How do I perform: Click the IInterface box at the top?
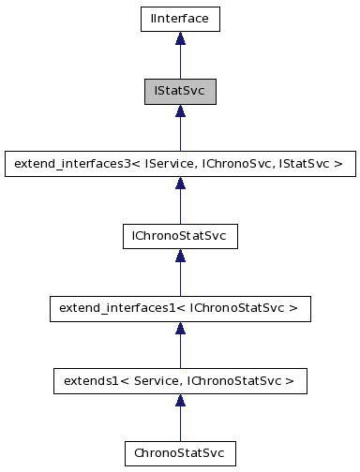(x=180, y=18)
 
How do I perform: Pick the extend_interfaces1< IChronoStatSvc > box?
(x=180, y=307)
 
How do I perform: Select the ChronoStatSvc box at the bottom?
(x=180, y=452)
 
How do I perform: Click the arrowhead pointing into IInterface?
(x=180, y=38)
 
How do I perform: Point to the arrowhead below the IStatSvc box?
(x=180, y=111)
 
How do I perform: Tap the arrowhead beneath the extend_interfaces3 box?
(x=180, y=184)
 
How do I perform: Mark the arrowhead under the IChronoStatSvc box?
(x=180, y=256)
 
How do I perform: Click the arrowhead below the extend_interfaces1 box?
(x=180, y=328)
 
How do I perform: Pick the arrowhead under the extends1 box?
(x=180, y=401)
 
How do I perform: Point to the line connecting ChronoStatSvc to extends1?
(x=180, y=423)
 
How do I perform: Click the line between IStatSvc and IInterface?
(x=180, y=62)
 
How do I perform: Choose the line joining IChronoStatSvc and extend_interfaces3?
(x=180, y=206)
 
